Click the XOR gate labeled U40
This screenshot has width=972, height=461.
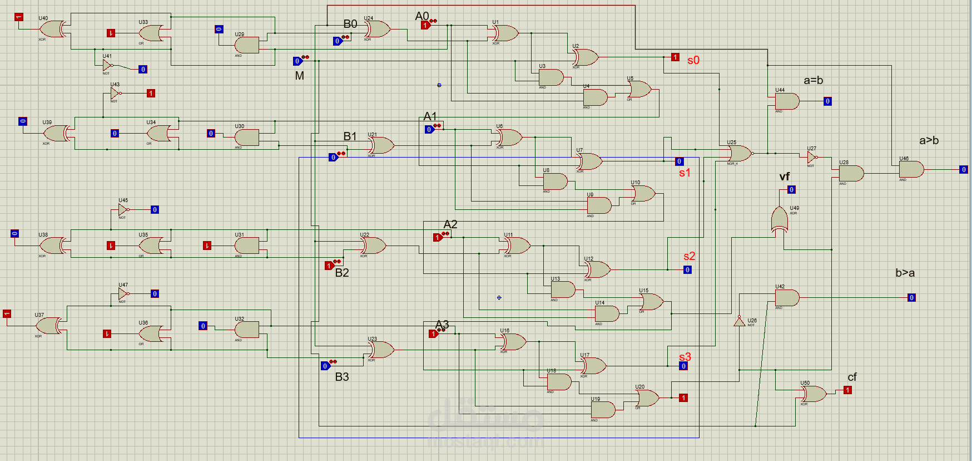coord(53,29)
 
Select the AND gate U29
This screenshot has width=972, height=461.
coord(247,45)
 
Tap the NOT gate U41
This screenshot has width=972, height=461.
coord(108,65)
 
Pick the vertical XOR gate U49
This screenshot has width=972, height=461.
coord(780,219)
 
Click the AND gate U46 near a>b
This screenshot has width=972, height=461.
coord(911,169)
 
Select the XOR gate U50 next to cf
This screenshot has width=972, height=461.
coord(814,394)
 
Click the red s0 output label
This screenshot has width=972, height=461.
coord(693,60)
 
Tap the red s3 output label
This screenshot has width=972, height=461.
coord(685,357)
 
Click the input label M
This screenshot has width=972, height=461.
coord(299,76)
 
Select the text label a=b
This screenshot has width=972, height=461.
coord(813,80)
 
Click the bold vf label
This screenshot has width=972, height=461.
coord(784,176)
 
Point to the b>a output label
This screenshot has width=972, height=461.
coord(905,273)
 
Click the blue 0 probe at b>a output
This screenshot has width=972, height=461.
coord(911,298)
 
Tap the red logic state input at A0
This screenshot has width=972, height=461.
coord(425,25)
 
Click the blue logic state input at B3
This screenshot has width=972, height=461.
coord(325,366)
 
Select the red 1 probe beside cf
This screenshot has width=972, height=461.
coord(847,390)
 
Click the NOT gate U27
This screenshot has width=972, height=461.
coord(812,157)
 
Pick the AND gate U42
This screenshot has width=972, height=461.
coord(787,298)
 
